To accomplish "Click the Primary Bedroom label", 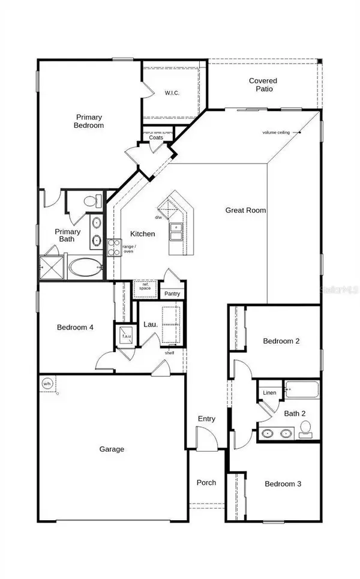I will pos(89,121).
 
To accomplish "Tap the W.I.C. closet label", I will pos(172,93).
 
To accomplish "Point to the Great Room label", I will pos(245,210).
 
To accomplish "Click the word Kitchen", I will pos(143,234).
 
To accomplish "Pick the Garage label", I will pos(112,449).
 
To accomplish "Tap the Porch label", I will pos(206,482).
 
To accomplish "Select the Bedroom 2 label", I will pos(281,341).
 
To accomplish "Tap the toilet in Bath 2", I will pos(305,428).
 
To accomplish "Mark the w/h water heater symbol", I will pos(47,384).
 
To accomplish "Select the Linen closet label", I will pos(269,392).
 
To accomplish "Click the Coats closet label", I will pos(156,137).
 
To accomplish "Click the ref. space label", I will pos(145,286).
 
